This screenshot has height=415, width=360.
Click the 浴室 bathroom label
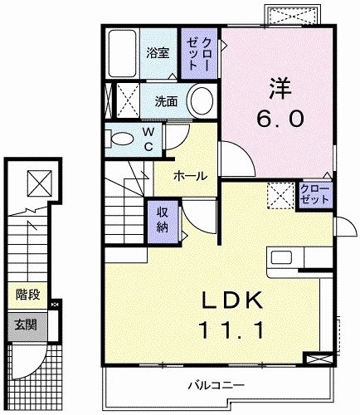point(158,53)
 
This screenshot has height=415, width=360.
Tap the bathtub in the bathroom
point(124,52)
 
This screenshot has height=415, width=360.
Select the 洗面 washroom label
point(166,102)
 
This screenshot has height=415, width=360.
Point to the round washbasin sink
point(201,103)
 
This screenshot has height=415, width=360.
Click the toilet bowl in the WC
point(121,139)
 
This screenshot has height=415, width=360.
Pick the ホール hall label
point(190,175)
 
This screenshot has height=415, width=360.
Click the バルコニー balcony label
point(215,385)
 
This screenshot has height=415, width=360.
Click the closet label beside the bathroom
point(202,52)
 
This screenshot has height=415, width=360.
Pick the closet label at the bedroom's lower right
point(314,196)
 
